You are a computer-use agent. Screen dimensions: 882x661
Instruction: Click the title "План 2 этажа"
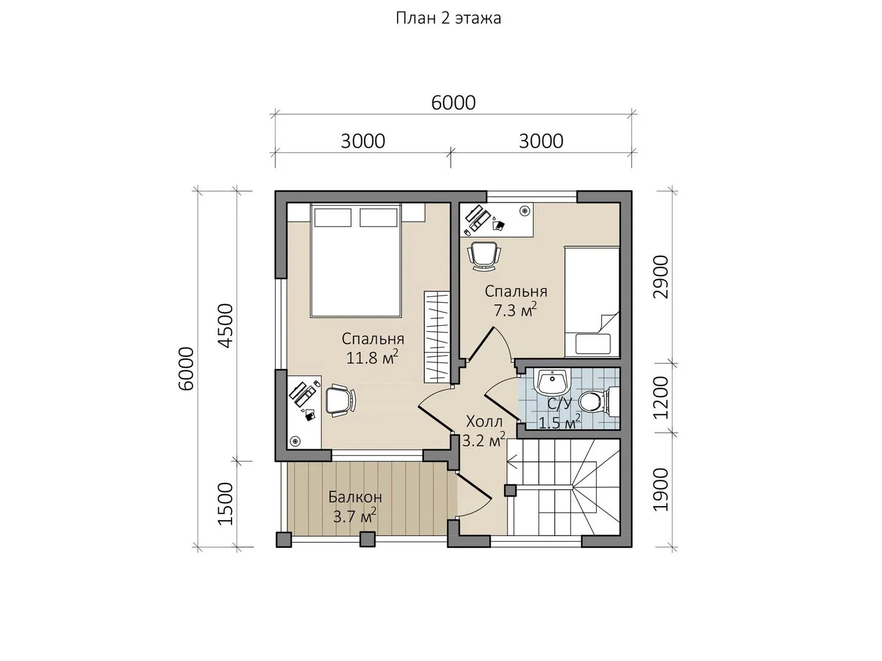click(448, 18)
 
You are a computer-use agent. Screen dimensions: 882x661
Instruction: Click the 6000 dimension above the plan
click(453, 103)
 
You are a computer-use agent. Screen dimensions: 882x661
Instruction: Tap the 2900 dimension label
click(661, 277)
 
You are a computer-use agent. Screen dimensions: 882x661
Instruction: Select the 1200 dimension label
click(661, 397)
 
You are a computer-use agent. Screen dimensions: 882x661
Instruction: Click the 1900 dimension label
click(661, 489)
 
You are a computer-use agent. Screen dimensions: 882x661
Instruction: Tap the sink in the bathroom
click(552, 382)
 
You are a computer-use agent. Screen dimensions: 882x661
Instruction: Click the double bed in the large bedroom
click(356, 261)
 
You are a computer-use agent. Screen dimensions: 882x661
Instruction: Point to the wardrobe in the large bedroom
click(437, 337)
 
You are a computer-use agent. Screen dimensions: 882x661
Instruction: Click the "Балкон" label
click(355, 497)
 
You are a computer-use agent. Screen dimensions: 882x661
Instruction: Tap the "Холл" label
click(484, 422)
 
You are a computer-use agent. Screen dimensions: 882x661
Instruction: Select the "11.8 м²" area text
click(372, 357)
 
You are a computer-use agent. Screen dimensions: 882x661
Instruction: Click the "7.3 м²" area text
click(515, 310)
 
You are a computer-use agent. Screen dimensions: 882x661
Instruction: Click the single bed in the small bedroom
click(592, 302)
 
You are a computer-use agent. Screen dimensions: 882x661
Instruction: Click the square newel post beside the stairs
click(510, 490)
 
